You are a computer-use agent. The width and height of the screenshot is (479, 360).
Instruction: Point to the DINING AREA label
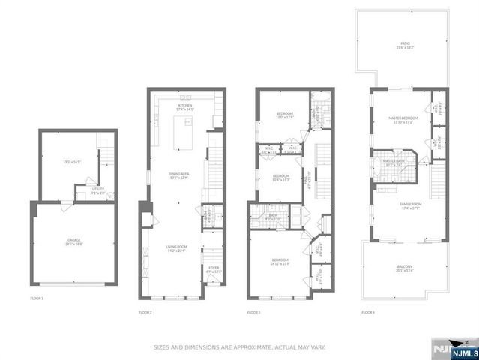click(178, 174)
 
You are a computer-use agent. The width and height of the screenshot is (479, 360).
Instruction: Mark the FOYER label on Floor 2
click(213, 268)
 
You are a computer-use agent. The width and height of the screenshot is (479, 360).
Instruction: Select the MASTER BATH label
click(394, 161)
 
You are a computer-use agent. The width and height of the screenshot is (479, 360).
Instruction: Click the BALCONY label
click(404, 267)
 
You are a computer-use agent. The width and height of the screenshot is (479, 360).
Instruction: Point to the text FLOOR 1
click(37, 298)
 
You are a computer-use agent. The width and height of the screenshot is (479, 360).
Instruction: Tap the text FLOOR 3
click(253, 312)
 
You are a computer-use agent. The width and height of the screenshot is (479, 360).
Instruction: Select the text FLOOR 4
click(367, 312)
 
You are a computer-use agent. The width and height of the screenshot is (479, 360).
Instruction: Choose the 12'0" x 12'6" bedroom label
click(279, 115)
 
